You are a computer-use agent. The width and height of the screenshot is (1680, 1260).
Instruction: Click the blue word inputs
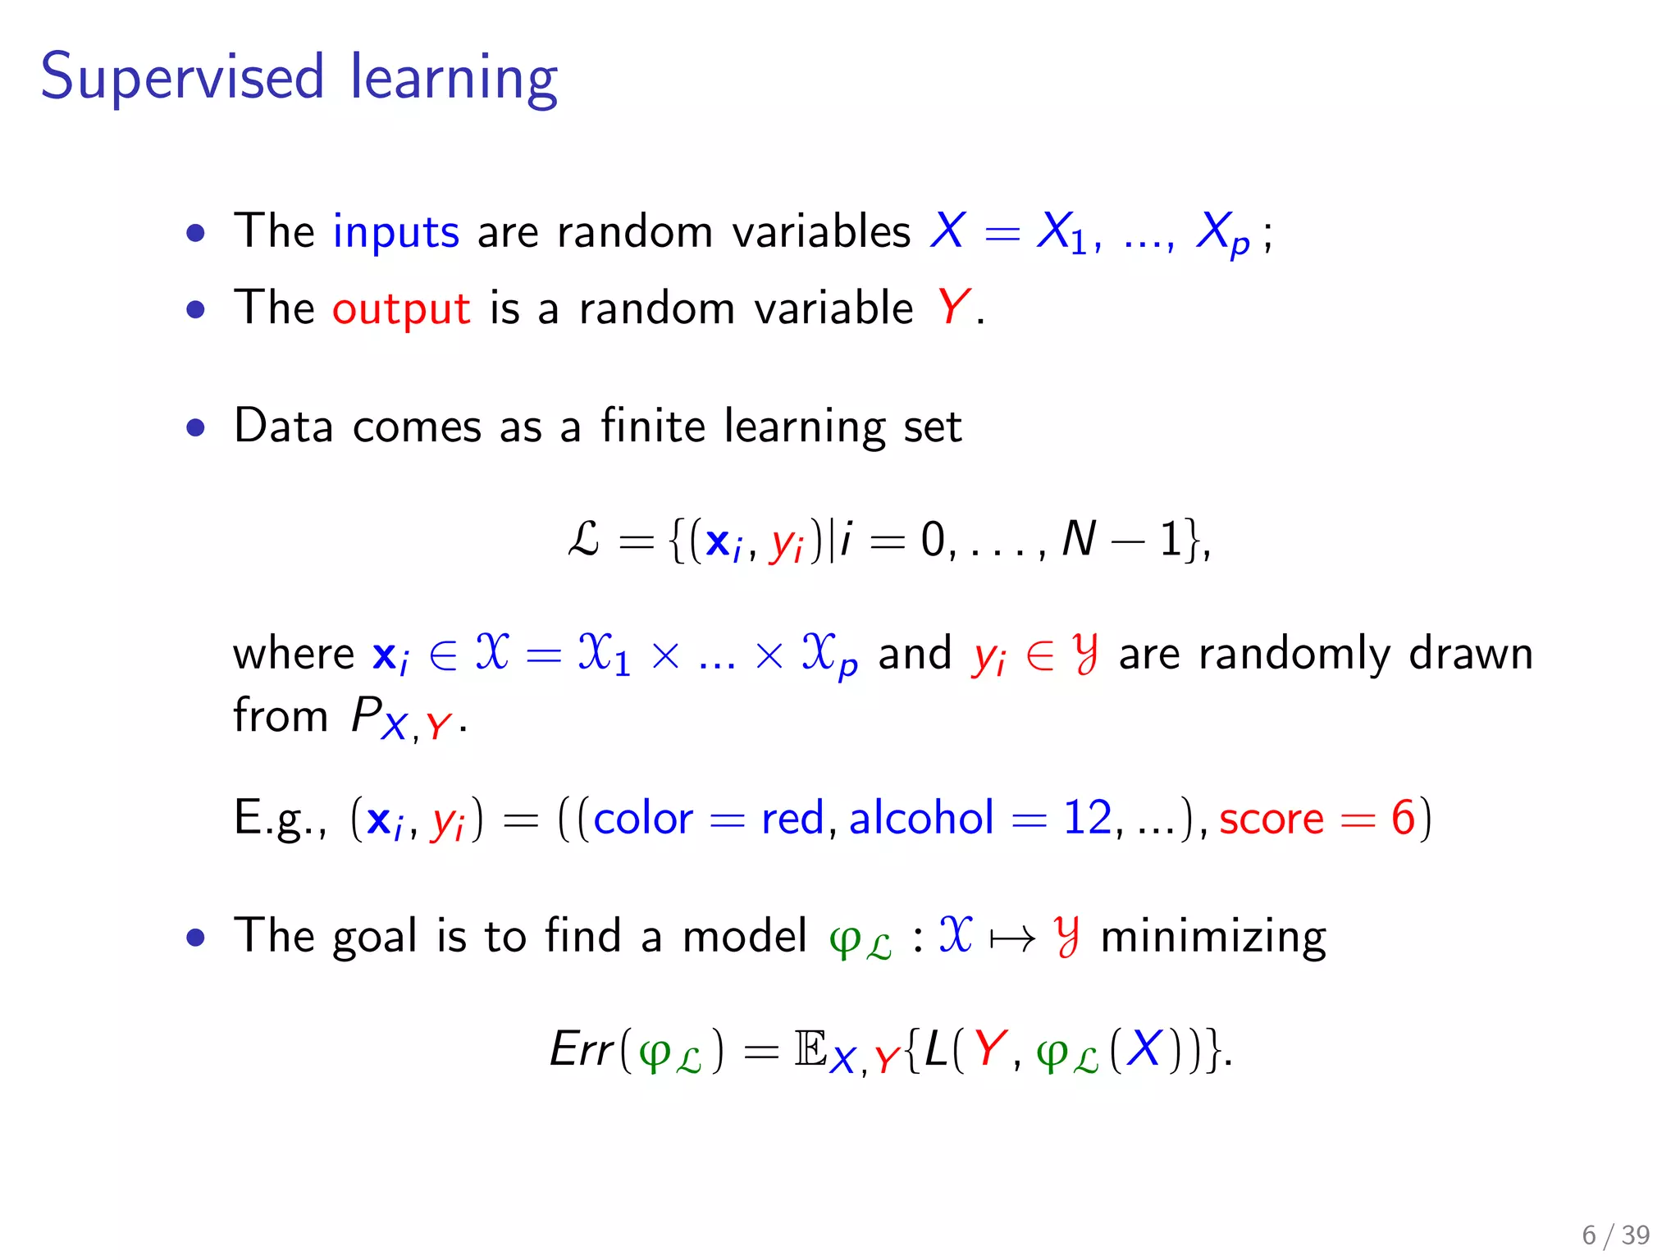point(395,232)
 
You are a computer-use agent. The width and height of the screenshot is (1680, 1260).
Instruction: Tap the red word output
point(401,309)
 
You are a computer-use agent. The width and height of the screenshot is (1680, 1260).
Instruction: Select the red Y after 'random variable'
point(953,308)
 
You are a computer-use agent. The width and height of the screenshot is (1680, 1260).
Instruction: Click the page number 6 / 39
point(1615,1235)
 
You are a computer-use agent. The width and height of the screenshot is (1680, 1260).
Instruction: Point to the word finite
point(653,426)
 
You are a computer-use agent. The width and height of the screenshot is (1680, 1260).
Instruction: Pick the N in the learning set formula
point(1079,540)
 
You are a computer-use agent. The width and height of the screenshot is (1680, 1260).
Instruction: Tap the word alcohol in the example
point(921,818)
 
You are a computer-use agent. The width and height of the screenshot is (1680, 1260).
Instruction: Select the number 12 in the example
point(1088,818)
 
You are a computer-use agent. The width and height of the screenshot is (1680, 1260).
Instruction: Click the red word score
point(1271,819)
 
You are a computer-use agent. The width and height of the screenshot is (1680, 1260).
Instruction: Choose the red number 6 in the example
point(1403,818)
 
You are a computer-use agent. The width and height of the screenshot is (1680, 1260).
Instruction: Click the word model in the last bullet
point(745,936)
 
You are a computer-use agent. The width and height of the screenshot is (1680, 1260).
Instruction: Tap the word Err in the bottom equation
point(582,1049)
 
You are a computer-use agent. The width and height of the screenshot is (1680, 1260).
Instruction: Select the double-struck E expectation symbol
point(810,1049)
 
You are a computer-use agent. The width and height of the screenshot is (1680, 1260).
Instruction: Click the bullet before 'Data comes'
point(195,427)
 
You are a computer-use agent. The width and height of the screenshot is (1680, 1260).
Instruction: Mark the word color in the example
point(643,819)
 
